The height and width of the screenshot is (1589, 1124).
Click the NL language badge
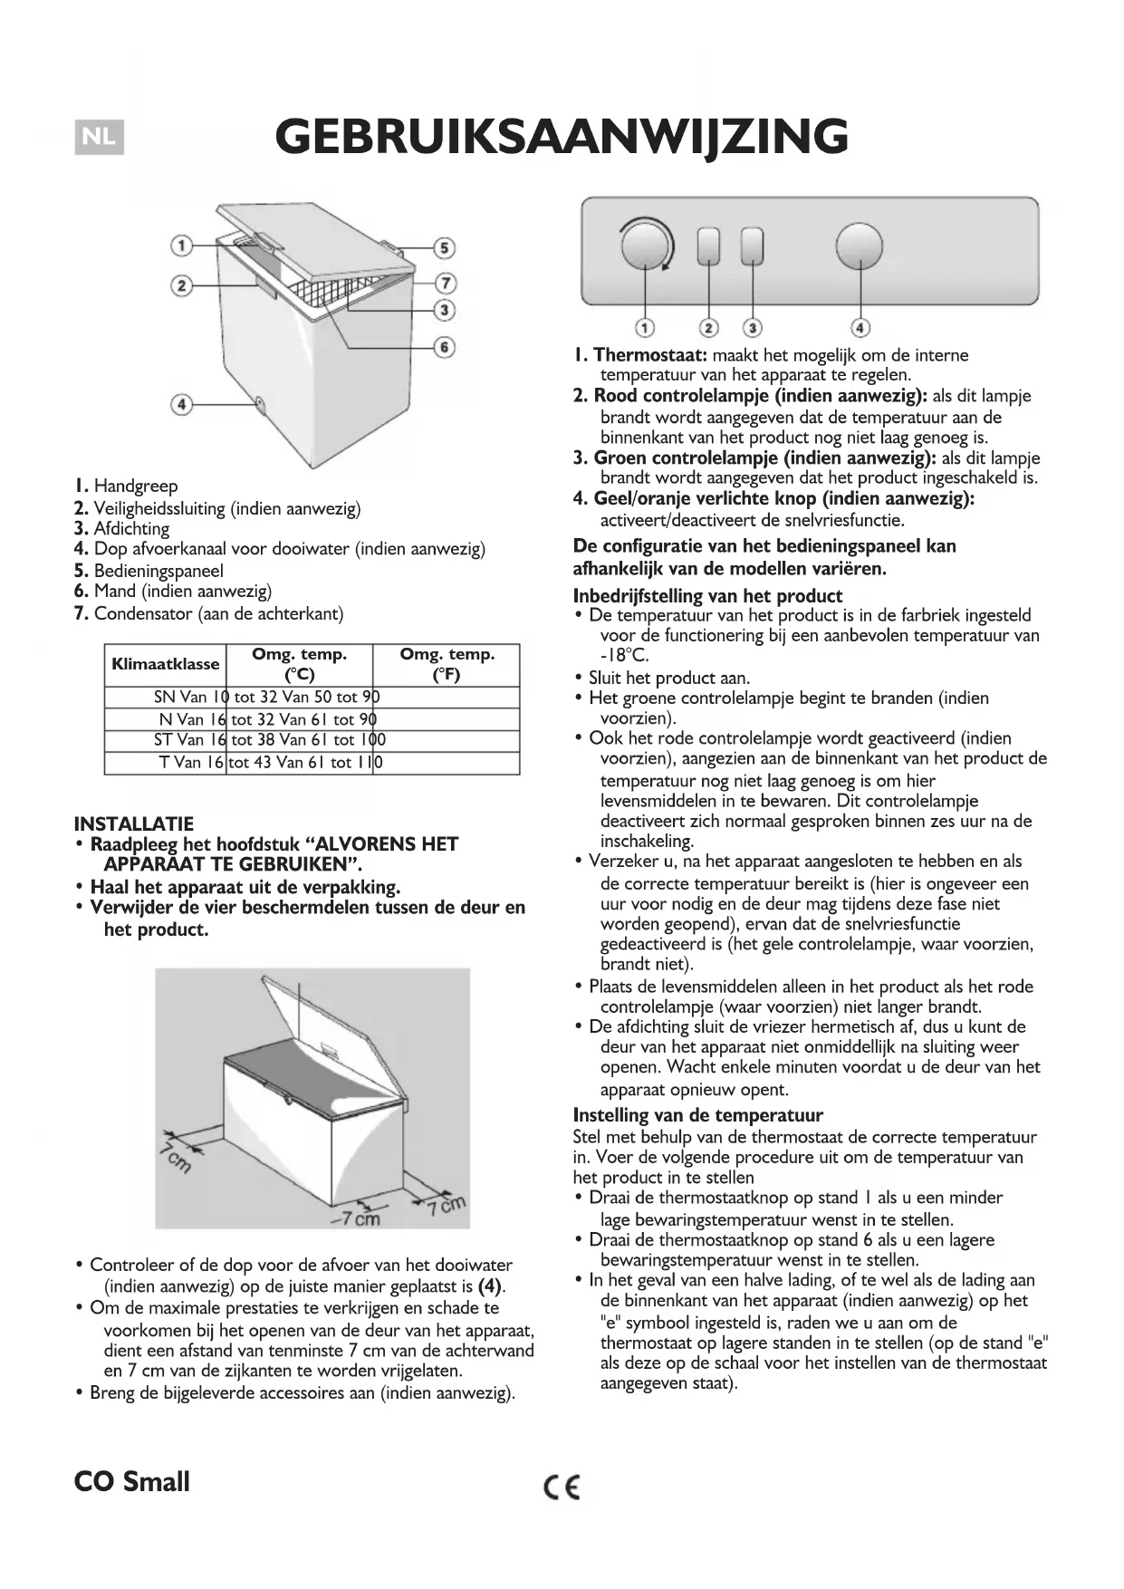(99, 138)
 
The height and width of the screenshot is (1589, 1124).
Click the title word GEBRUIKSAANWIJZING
(562, 138)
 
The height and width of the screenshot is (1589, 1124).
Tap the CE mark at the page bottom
(562, 1487)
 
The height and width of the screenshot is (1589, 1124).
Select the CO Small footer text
(132, 1482)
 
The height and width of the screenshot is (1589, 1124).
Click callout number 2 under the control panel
(709, 327)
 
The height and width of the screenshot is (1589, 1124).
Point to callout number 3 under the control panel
(752, 327)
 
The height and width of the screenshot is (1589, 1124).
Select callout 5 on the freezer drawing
(444, 247)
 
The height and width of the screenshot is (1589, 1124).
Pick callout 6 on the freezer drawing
(444, 347)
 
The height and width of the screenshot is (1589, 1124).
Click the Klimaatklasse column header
(166, 664)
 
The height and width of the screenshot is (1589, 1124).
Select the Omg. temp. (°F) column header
(447, 664)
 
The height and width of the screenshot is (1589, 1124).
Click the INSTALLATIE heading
(134, 823)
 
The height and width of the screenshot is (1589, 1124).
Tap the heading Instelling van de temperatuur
(697, 1115)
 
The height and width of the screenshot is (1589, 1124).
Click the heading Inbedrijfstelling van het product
(707, 596)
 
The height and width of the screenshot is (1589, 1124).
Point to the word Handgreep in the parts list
(136, 486)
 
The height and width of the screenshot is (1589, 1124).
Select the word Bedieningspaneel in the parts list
(159, 571)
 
